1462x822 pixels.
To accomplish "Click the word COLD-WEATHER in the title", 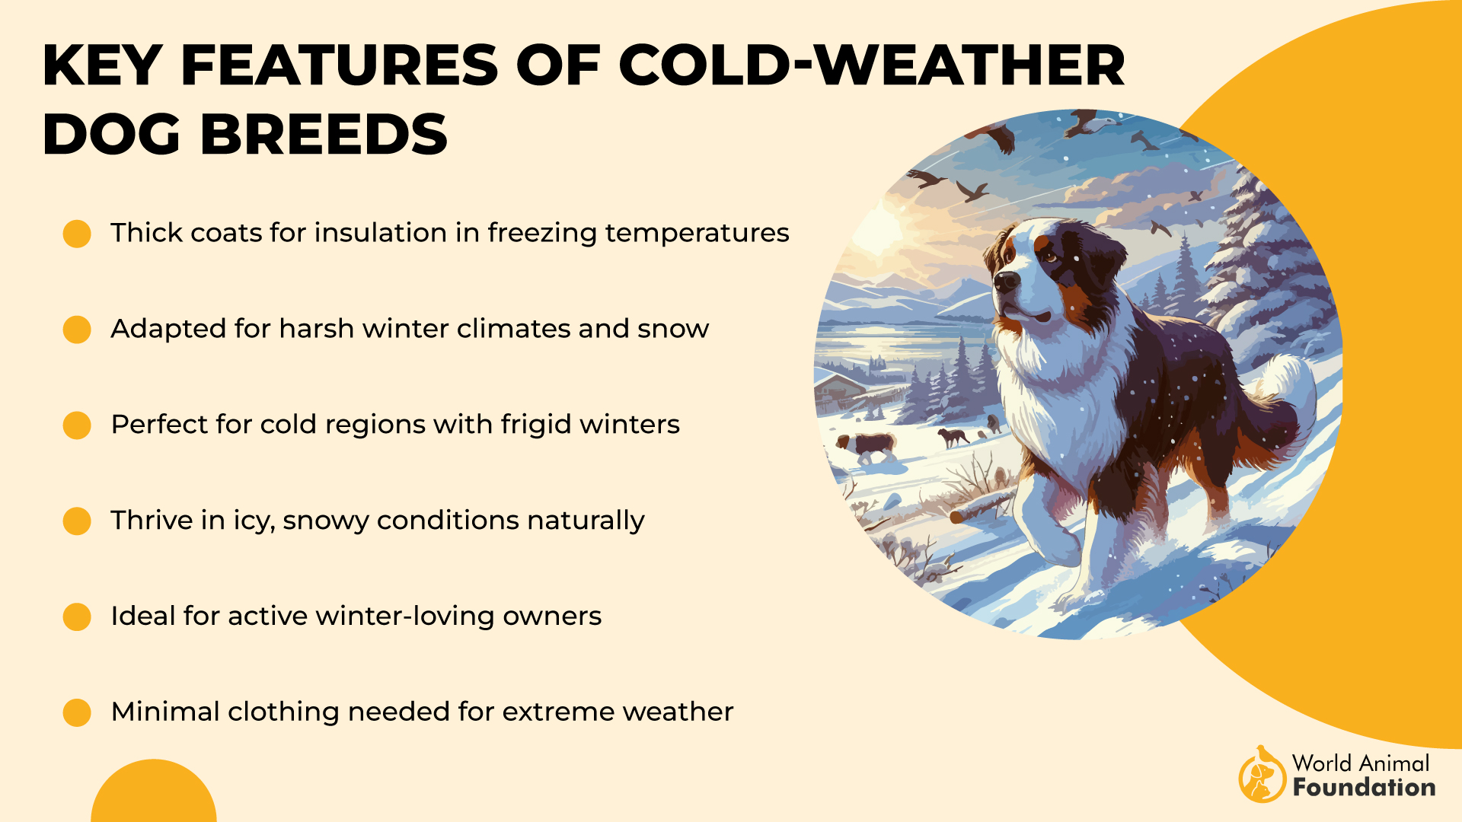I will [x=871, y=65].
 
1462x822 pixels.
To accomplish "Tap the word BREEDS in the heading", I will [x=324, y=135].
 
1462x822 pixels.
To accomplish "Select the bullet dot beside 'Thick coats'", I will [x=77, y=234].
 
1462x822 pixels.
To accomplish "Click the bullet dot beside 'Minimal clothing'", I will [x=77, y=712].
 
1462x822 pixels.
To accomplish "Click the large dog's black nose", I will [x=1007, y=282].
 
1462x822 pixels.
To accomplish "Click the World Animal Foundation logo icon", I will [x=1261, y=775].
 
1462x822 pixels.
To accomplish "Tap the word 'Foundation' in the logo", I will [x=1364, y=788].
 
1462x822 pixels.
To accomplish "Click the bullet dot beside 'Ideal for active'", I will [x=77, y=616].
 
